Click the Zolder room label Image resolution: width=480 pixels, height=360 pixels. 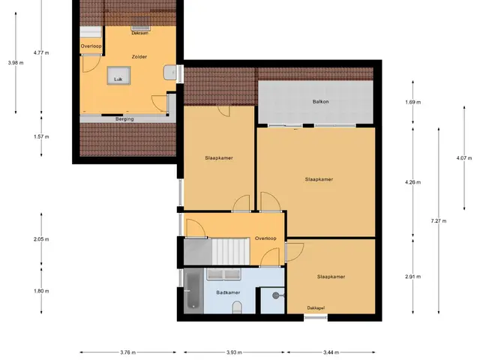coord(139,57)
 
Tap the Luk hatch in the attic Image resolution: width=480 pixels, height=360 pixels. coord(118,75)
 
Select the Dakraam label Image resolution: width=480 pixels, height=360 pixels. coord(140,33)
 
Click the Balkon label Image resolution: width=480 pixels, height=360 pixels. coord(320,102)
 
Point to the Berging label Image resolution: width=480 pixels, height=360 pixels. coord(124,119)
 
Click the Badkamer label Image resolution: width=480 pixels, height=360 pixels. coord(228,292)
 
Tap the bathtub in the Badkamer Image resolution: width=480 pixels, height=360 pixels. coord(193,291)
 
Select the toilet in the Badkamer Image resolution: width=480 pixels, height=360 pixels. coord(237,307)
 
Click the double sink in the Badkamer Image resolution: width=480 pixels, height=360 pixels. coord(223,274)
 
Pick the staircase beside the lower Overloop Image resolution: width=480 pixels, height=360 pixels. coord(231,252)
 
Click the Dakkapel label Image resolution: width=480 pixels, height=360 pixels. coord(316,308)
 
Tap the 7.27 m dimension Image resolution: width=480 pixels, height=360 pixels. coord(439,220)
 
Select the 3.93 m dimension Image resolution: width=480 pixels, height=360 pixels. coord(234,352)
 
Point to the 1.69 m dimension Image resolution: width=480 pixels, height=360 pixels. coord(413,102)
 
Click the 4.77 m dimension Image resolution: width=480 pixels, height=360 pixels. coord(41,52)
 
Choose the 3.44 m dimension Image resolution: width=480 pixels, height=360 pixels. coord(331,352)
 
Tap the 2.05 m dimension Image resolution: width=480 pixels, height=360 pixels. coord(41,239)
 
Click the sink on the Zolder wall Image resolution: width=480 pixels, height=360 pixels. coord(170,73)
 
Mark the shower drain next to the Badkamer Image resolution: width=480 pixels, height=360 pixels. coord(276,295)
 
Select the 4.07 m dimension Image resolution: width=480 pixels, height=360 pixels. coord(464,158)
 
